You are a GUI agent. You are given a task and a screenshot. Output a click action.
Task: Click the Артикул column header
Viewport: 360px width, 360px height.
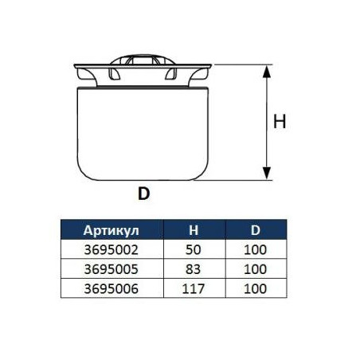(x=111, y=230)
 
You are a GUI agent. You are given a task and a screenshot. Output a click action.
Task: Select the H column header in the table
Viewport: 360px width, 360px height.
(x=194, y=230)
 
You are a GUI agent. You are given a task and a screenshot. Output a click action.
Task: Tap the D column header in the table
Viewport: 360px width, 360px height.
(x=256, y=230)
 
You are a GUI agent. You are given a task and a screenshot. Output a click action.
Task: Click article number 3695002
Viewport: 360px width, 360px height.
(x=112, y=250)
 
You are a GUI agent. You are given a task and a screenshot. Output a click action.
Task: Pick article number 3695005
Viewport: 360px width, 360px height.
(x=112, y=269)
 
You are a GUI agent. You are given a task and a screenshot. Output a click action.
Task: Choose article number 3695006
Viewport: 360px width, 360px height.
(x=112, y=288)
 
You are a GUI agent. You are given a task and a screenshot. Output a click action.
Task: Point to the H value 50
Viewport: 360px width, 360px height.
(x=194, y=250)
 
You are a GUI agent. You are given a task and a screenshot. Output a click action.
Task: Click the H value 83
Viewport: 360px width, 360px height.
(x=194, y=269)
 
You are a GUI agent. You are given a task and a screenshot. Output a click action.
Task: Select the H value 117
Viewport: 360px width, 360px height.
(x=194, y=288)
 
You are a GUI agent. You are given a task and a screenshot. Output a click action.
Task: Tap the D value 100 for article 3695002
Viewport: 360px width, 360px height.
(x=255, y=250)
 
